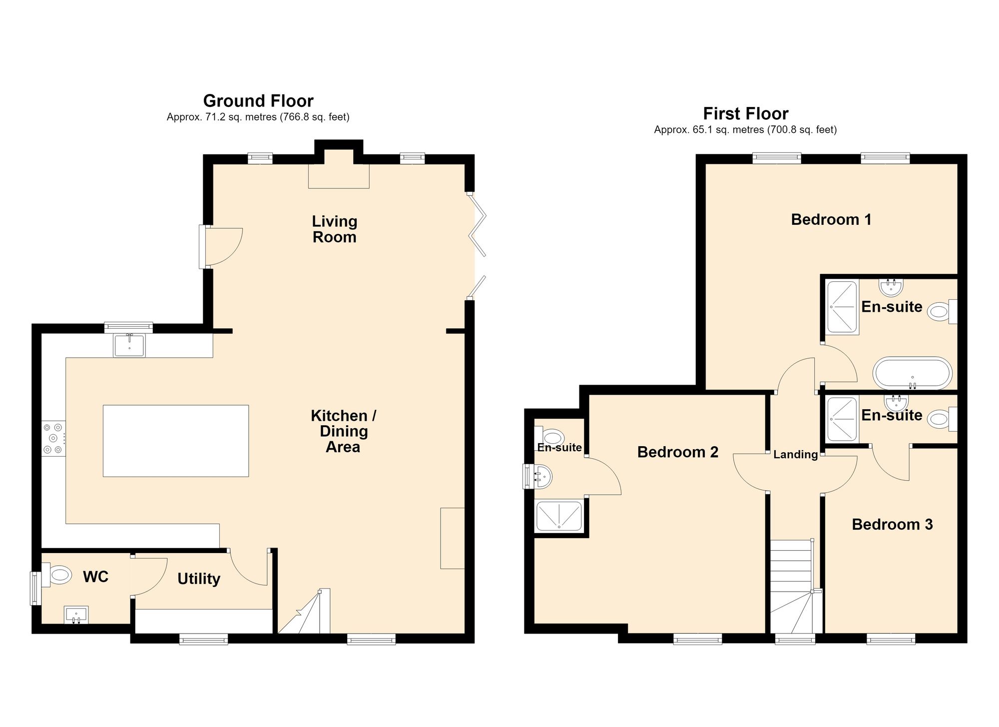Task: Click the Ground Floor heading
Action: pos(258,101)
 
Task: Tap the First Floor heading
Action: pos(746,114)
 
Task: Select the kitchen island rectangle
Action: pos(176,441)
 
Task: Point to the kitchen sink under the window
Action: pos(129,346)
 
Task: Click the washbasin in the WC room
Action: pos(76,615)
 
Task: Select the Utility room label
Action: pos(199,579)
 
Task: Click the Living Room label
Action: pos(334,229)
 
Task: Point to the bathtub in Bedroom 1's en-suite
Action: pos(913,373)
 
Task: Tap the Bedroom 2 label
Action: pos(678,452)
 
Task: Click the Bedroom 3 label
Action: pos(892,524)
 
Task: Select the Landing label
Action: pos(796,454)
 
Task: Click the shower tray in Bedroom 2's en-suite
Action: pos(559,516)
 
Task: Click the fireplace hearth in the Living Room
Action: pos(339,176)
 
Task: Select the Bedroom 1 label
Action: pos(831,219)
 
